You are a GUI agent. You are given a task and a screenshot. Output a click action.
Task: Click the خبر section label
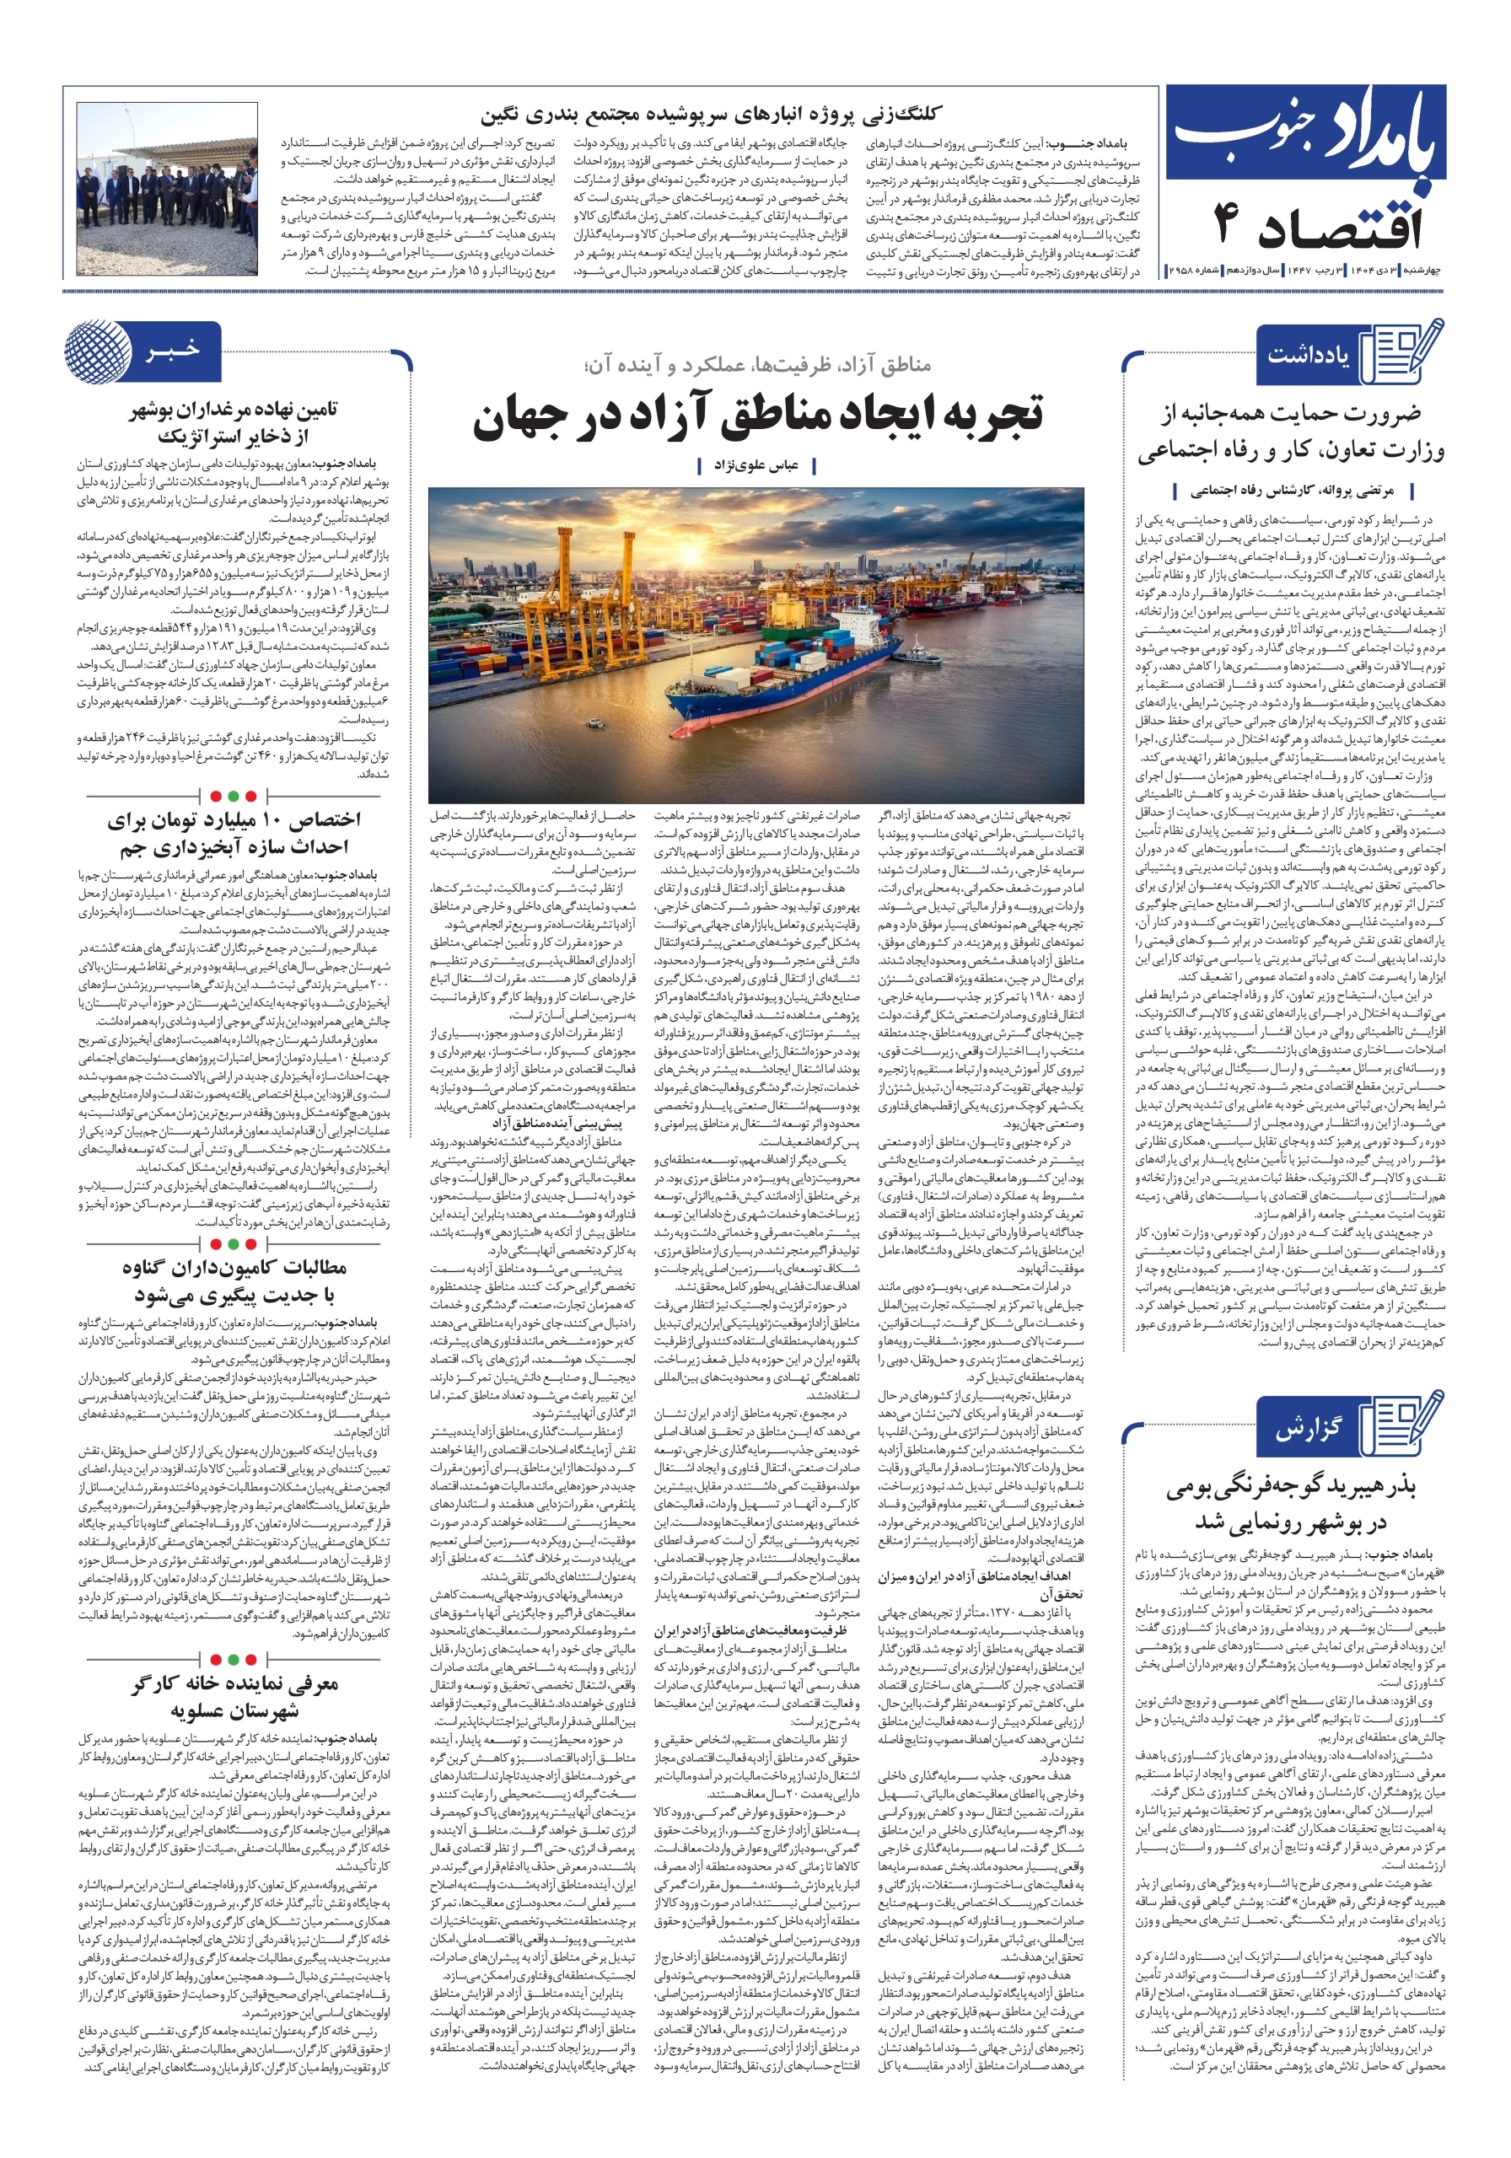[x=173, y=351]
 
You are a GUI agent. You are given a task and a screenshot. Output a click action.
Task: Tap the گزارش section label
[x=1307, y=1430]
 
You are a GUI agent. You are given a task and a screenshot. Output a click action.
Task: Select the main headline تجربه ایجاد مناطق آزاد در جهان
[x=758, y=417]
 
